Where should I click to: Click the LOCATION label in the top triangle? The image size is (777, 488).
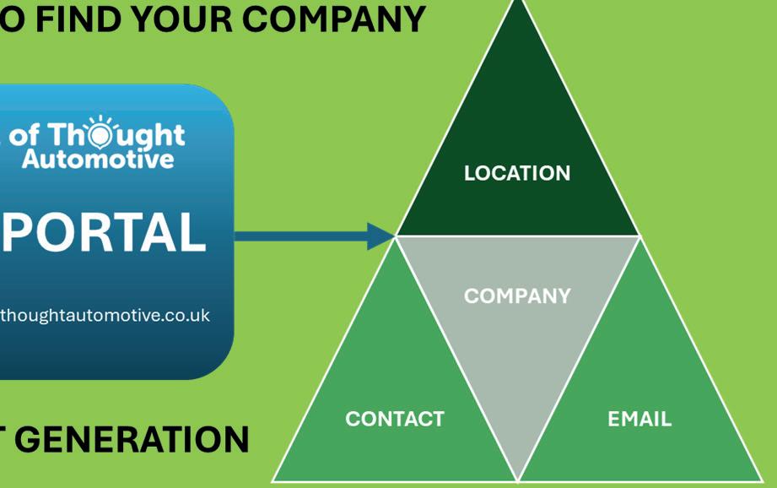pyautogui.click(x=516, y=173)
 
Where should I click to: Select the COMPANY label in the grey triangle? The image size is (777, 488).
pyautogui.click(x=516, y=296)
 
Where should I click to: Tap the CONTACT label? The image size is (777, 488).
pyautogui.click(x=394, y=419)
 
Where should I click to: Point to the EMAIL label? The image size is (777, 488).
pyautogui.click(x=639, y=419)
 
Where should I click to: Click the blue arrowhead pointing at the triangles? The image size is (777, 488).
pyautogui.click(x=381, y=236)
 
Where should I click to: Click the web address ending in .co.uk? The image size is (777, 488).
pyautogui.click(x=104, y=315)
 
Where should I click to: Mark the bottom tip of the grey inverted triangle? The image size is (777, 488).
pyautogui.click(x=517, y=478)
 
